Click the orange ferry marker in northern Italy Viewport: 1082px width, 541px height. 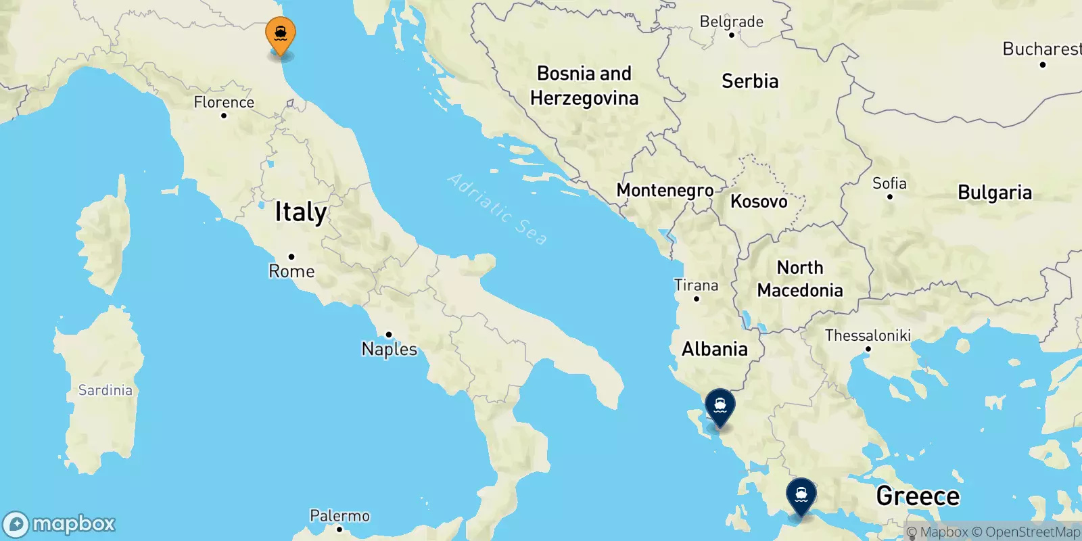point(280,34)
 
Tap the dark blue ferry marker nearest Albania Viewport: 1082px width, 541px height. point(720,406)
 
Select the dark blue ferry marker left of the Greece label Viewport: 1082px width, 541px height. point(801,496)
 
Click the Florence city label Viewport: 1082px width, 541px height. point(224,102)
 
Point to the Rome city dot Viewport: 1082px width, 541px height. point(291,256)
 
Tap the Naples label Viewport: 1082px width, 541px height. point(390,349)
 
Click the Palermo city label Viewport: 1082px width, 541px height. point(339,516)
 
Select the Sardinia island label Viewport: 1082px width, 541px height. point(105,390)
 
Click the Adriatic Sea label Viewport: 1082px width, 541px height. point(497,209)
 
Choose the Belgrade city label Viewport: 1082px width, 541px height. point(731,22)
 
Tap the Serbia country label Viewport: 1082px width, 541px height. point(750,82)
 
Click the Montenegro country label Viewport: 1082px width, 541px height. point(665,191)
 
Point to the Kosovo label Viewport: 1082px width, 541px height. point(759,202)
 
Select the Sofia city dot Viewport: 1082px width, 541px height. point(890,197)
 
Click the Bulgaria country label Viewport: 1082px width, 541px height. point(995,193)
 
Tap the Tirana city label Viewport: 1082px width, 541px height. point(696,285)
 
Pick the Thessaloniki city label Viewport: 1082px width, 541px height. point(868,335)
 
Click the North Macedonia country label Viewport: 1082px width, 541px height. point(800,279)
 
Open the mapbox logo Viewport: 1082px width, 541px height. point(60,524)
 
